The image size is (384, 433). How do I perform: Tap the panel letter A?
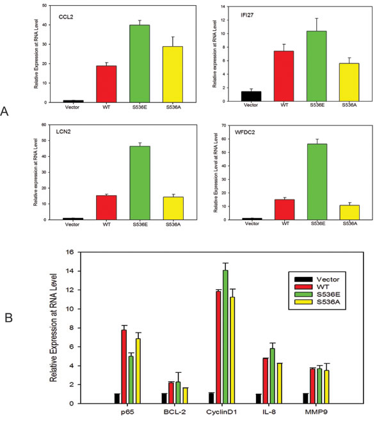click(x=5, y=112)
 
